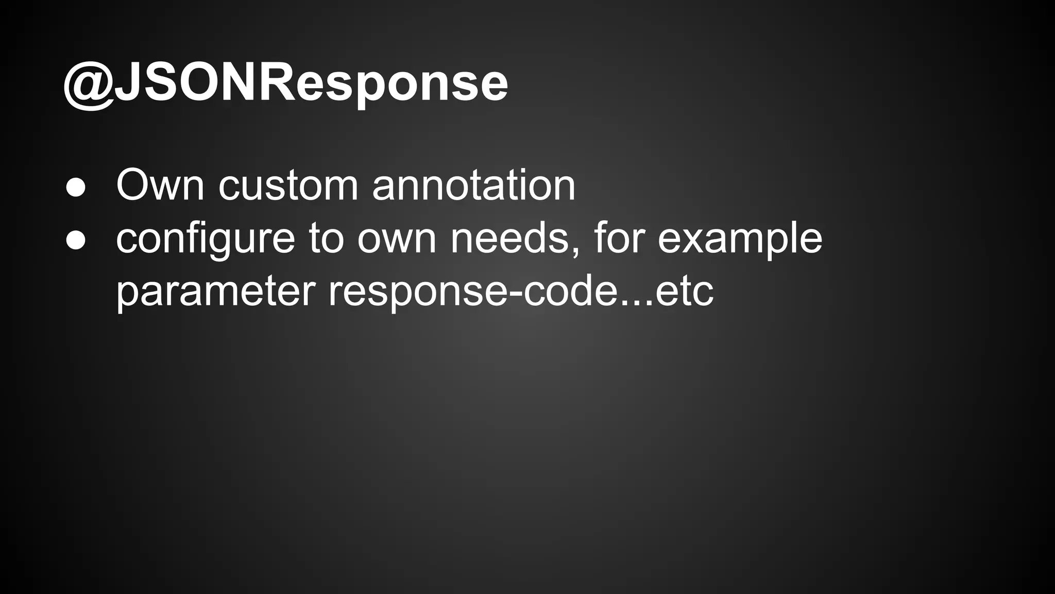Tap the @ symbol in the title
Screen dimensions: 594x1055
click(89, 85)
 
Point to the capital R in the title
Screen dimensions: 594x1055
click(278, 82)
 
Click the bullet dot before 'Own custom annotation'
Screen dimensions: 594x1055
click(76, 188)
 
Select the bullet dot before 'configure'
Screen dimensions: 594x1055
click(76, 240)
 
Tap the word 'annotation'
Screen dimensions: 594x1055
click(473, 186)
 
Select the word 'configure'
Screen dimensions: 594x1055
click(206, 240)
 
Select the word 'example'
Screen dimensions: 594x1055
click(740, 240)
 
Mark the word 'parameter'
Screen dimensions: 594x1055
click(215, 292)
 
